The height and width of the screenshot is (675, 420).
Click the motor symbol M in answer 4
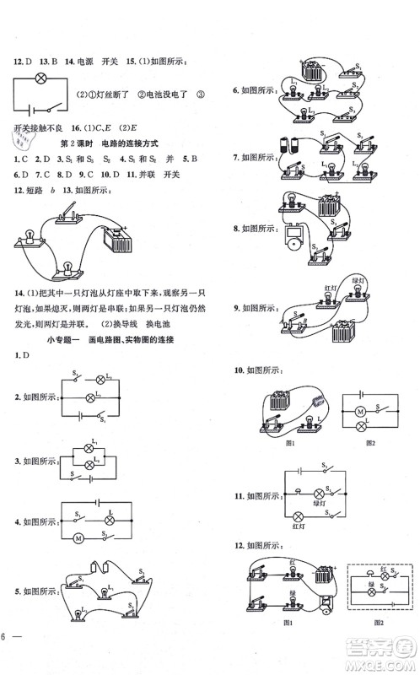[79, 538]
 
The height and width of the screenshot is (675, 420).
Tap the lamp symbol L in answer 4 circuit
[110, 521]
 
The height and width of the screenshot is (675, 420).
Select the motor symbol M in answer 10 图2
[358, 411]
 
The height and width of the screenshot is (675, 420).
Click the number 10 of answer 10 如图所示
[239, 370]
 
